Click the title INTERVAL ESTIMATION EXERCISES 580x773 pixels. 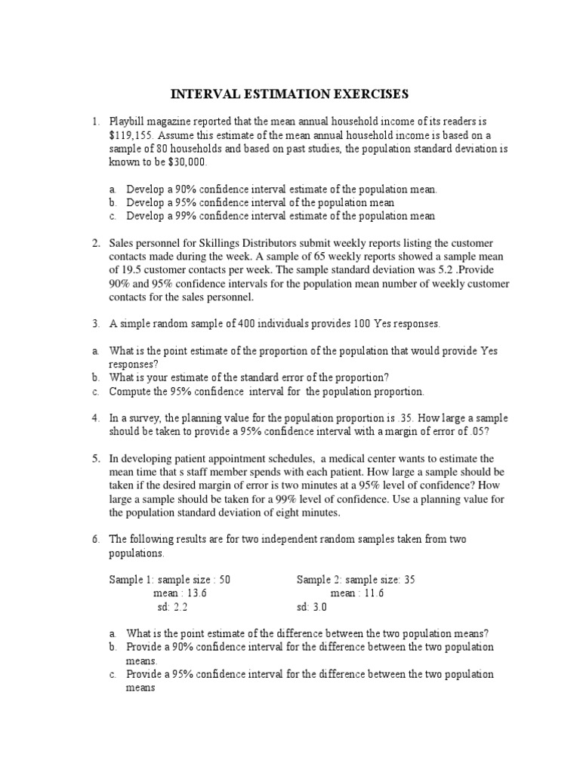289,94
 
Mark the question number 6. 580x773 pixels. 96,540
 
